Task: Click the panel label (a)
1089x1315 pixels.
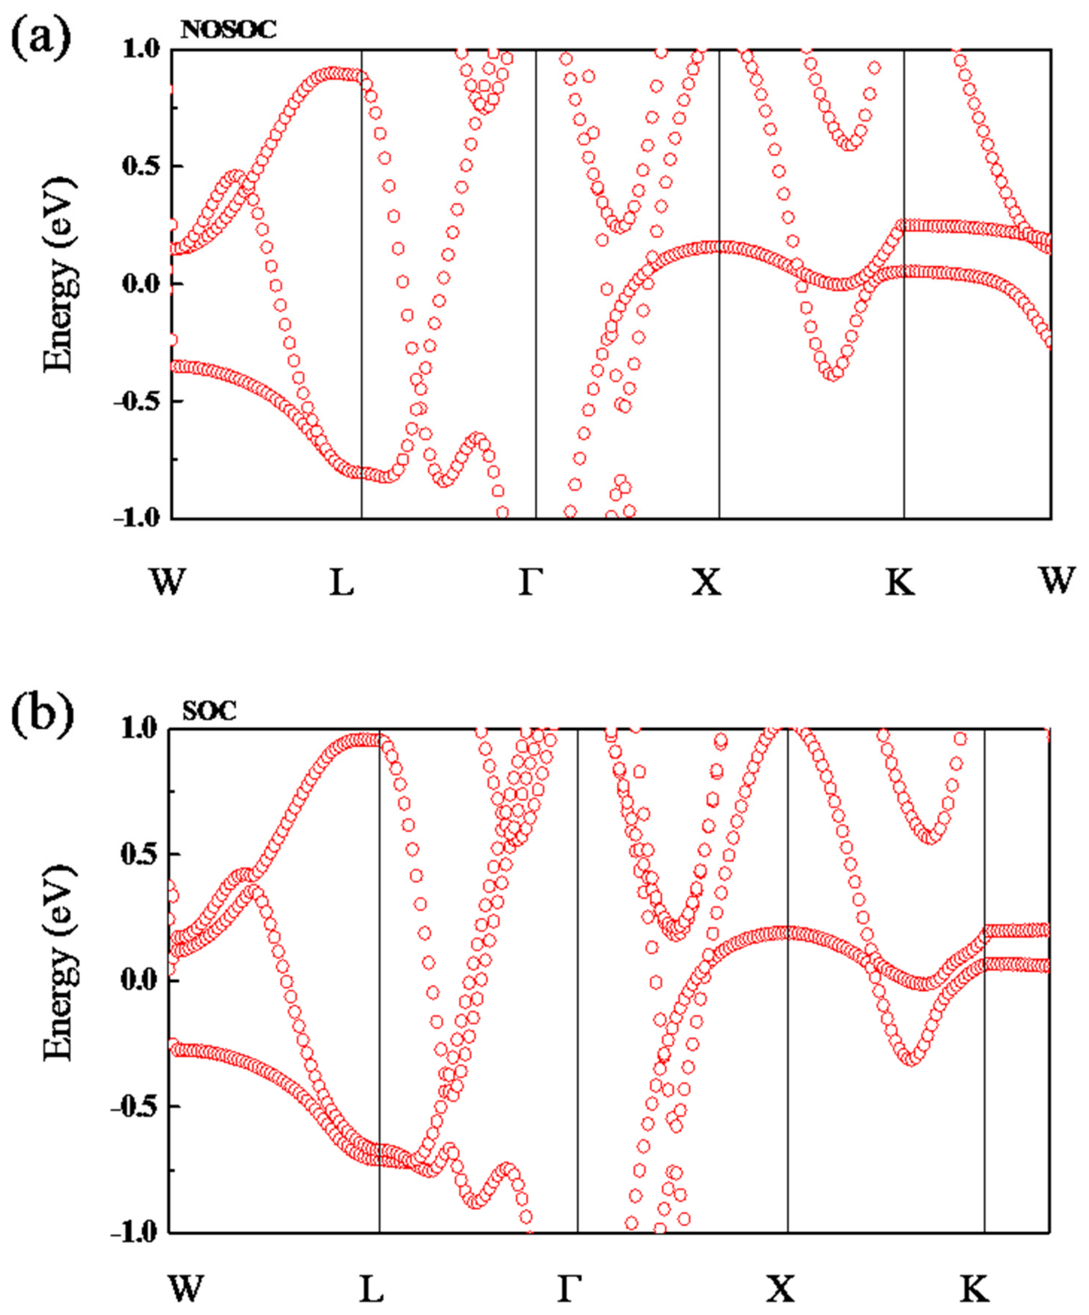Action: tap(41, 39)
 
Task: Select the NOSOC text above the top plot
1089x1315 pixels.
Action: tap(228, 30)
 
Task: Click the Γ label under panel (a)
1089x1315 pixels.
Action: tap(530, 581)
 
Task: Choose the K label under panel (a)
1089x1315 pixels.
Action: tap(900, 581)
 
